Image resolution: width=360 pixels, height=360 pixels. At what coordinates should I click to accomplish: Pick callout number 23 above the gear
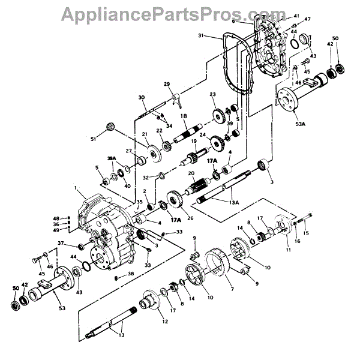pos(212,95)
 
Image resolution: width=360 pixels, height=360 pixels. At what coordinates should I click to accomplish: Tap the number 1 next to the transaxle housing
pos(77,188)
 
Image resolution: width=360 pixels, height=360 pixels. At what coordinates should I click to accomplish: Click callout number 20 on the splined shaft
pos(190,173)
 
